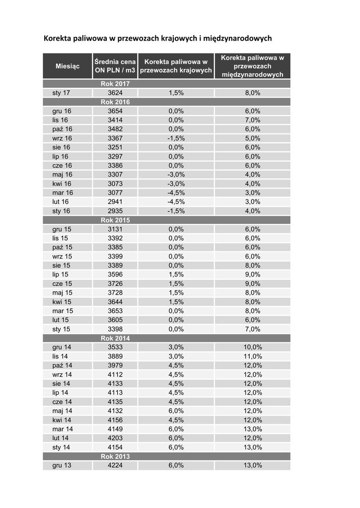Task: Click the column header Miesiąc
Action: pos(68,66)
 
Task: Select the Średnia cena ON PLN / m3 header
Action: pos(115,66)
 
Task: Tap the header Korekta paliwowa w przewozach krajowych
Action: pos(176,66)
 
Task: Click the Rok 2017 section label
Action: pos(115,84)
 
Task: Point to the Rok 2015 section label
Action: pos(115,220)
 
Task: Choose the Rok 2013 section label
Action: pos(115,456)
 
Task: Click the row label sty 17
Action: pos(61,93)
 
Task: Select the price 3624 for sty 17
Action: pos(115,93)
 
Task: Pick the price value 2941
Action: pos(115,201)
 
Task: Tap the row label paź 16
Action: pos(62,129)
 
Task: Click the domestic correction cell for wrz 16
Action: pos(176,138)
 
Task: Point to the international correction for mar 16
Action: pos(252,192)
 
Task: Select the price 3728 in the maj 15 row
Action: pos(115,292)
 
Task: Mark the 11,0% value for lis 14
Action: pos(252,356)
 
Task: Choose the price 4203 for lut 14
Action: pos(115,438)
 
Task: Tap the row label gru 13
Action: pos(62,465)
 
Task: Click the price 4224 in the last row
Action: pos(115,465)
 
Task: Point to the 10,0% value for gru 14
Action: pos(252,347)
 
